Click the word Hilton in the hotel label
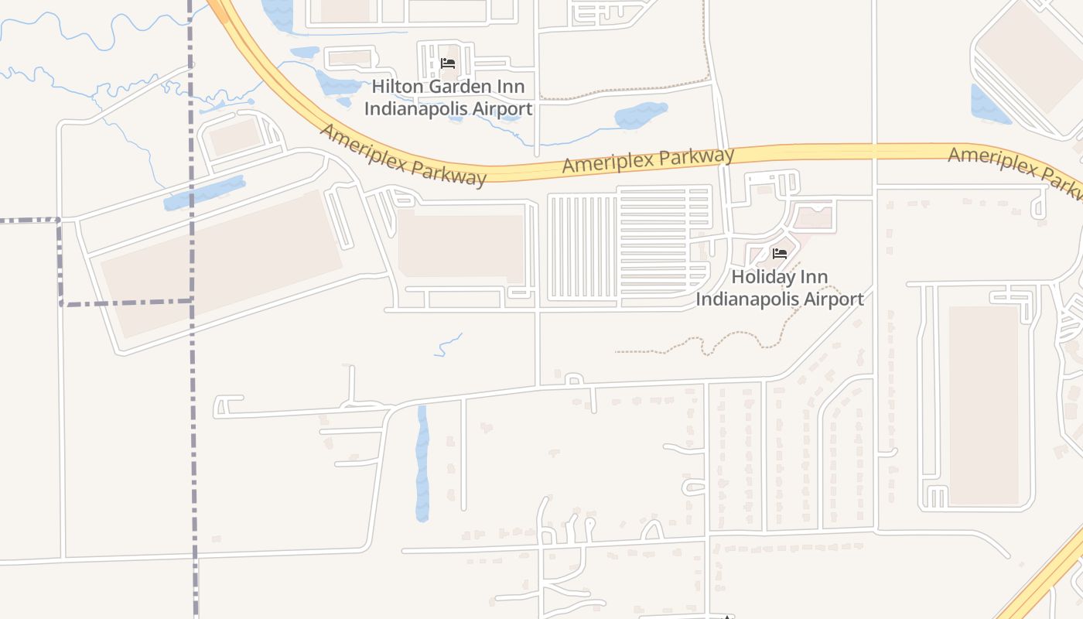[x=400, y=87]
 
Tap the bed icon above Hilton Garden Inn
[x=447, y=63]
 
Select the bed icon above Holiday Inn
[x=779, y=253]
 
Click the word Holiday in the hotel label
[x=764, y=277]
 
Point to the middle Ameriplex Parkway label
[x=648, y=160]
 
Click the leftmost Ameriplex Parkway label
[x=403, y=156]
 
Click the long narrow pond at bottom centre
[x=422, y=464]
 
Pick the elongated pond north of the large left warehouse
[x=204, y=193]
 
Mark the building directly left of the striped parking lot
[x=461, y=246]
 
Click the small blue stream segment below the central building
[x=449, y=346]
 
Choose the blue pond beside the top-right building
[x=988, y=105]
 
